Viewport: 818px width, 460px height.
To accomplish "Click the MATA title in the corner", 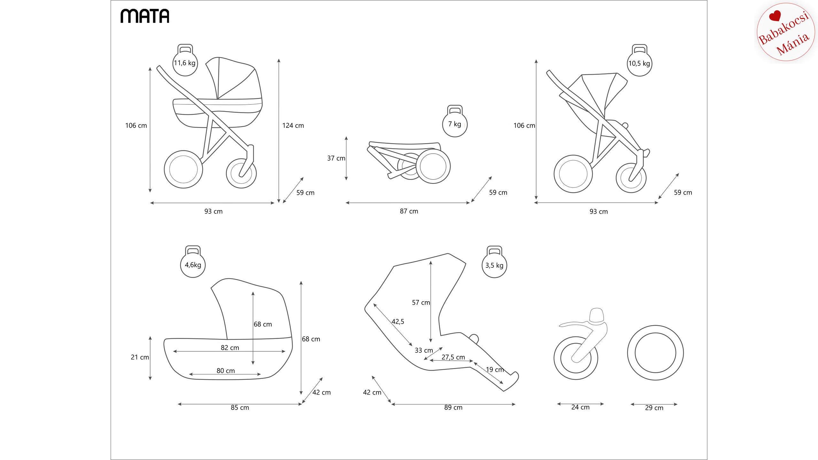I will (x=145, y=16).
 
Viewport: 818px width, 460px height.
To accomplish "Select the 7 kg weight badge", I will (x=455, y=124).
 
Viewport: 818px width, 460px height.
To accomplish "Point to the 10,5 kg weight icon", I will (x=639, y=63).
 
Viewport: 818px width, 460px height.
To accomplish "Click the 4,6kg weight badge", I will (x=193, y=265).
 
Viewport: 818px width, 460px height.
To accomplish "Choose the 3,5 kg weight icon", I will (x=494, y=265).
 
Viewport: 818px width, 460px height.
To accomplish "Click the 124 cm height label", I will (x=293, y=126).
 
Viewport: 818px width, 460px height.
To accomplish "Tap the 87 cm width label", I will (x=409, y=211).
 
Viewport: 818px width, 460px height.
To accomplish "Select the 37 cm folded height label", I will (x=336, y=158).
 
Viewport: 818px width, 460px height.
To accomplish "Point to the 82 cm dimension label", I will (x=230, y=348).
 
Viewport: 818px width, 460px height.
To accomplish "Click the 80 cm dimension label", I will (x=226, y=371).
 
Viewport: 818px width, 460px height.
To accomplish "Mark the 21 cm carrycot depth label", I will (x=140, y=357).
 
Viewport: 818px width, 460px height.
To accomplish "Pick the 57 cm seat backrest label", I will (x=421, y=303).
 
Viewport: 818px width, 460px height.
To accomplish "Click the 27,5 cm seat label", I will (x=453, y=357).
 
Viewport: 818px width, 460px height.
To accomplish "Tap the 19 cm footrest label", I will (x=495, y=370).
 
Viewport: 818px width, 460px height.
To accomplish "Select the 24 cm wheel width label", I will (x=580, y=407).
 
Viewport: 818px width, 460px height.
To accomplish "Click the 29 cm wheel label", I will (x=654, y=408).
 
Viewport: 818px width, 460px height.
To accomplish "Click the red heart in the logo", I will (x=775, y=16).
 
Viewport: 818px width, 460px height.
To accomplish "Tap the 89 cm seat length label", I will (x=453, y=407).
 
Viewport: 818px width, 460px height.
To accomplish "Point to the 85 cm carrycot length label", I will (x=240, y=408).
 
